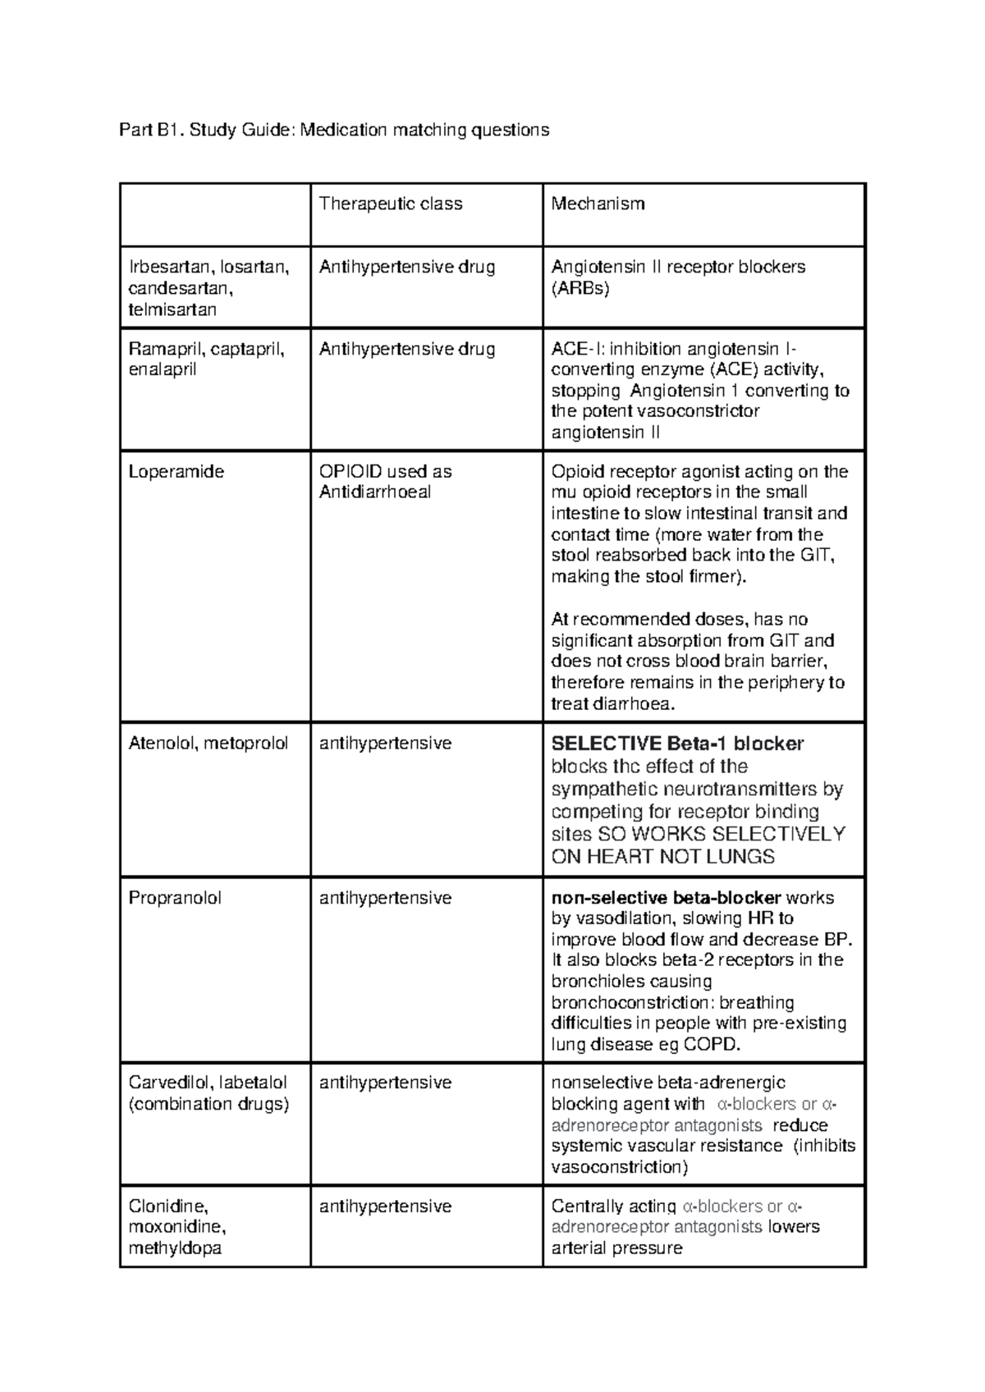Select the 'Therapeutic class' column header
pyautogui.click(x=391, y=204)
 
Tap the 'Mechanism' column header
pyautogui.click(x=598, y=204)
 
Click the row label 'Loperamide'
pyautogui.click(x=176, y=472)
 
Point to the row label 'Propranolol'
pyautogui.click(x=175, y=898)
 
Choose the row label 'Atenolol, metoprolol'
pyautogui.click(x=208, y=744)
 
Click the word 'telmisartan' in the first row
pyautogui.click(x=172, y=309)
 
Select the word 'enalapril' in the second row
pyautogui.click(x=163, y=370)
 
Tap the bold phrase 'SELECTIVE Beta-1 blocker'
pyautogui.click(x=677, y=744)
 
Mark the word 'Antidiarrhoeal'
pyautogui.click(x=374, y=492)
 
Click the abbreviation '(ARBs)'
pyautogui.click(x=580, y=288)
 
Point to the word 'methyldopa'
pyautogui.click(x=175, y=1248)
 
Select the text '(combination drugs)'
pyautogui.click(x=208, y=1104)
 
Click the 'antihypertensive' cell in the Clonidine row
pyautogui.click(x=385, y=1207)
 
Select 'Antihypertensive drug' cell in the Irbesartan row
pyautogui.click(x=406, y=267)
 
